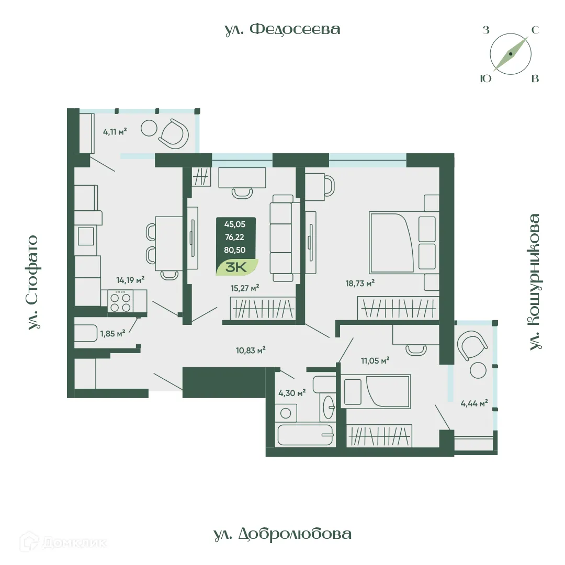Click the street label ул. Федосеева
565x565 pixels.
pos(282,29)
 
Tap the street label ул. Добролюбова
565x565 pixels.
pos(282,534)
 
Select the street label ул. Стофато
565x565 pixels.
pos(33,282)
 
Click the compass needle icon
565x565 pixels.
pos(511,54)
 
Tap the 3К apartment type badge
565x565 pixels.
pos(237,266)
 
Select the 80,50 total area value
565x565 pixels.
pos(235,250)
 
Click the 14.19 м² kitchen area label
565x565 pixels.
pos(130,280)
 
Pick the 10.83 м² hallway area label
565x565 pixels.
pos(251,350)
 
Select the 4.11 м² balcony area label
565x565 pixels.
pos(115,131)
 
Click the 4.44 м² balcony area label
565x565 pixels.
pos(474,403)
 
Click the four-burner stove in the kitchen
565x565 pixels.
pos(121,300)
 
